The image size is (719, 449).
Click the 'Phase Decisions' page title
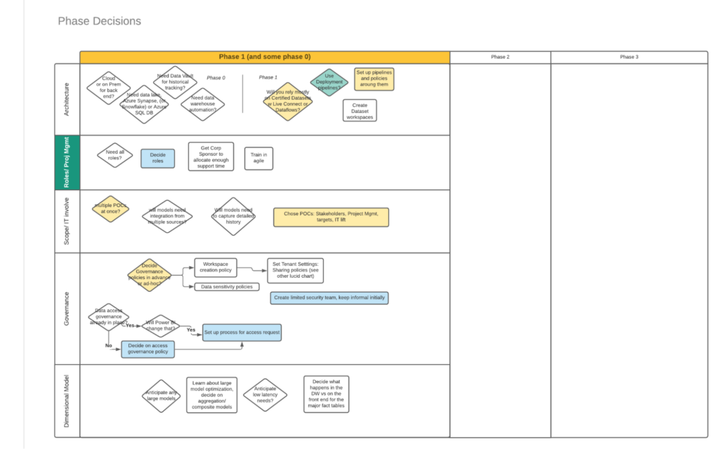99,21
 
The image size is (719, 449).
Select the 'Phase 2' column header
500,57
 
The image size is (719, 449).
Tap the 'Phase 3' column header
628,57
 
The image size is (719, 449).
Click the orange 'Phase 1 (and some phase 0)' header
265,57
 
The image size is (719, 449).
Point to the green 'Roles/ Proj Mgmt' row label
67,162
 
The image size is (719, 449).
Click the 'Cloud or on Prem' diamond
109,88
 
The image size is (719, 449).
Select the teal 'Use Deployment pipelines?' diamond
329,82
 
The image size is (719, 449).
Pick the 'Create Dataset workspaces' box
359,111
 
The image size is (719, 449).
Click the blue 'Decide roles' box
157,158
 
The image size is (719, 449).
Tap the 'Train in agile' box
258,158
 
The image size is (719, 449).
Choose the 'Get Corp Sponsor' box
211,156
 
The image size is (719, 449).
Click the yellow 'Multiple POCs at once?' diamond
110,208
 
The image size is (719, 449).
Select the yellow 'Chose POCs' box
331,216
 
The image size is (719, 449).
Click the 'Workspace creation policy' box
216,267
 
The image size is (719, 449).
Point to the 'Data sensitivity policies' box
227,286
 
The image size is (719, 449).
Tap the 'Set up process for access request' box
242,333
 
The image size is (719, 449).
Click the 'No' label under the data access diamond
108,345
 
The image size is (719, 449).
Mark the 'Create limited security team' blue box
329,297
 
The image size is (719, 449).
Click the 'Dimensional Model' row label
67,400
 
